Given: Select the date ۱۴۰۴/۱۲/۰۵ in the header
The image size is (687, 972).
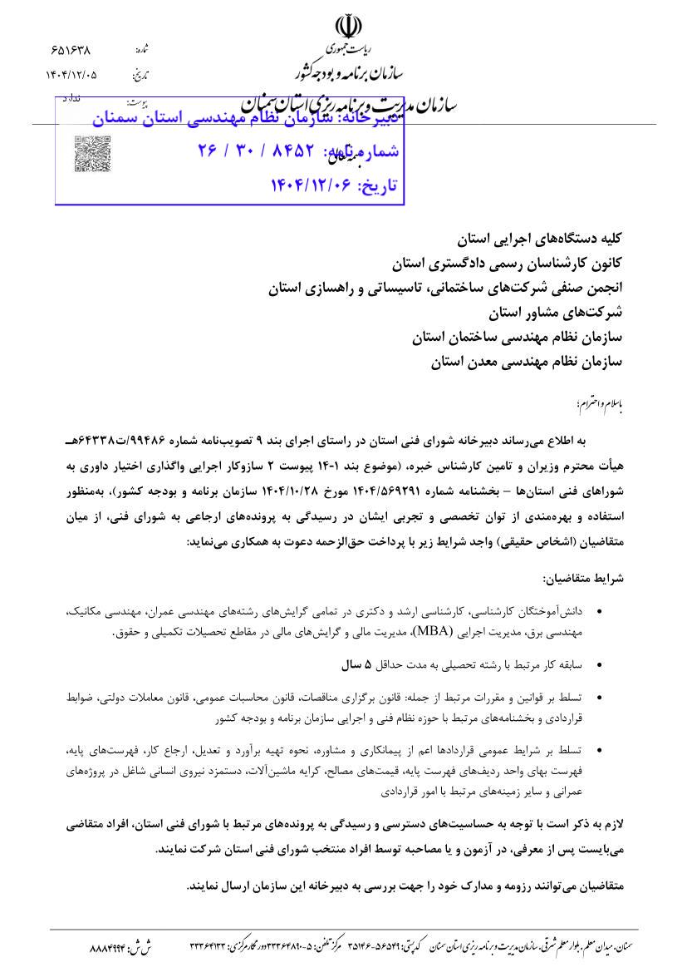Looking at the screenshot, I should tap(71, 75).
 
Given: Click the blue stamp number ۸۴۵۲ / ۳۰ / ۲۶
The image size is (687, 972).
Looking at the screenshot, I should tap(258, 150).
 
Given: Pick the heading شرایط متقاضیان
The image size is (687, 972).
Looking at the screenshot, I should tap(583, 577).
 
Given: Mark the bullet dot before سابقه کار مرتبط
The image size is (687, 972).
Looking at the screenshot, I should tap(601, 665).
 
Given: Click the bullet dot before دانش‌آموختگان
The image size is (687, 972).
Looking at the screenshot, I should tap(601, 612).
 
